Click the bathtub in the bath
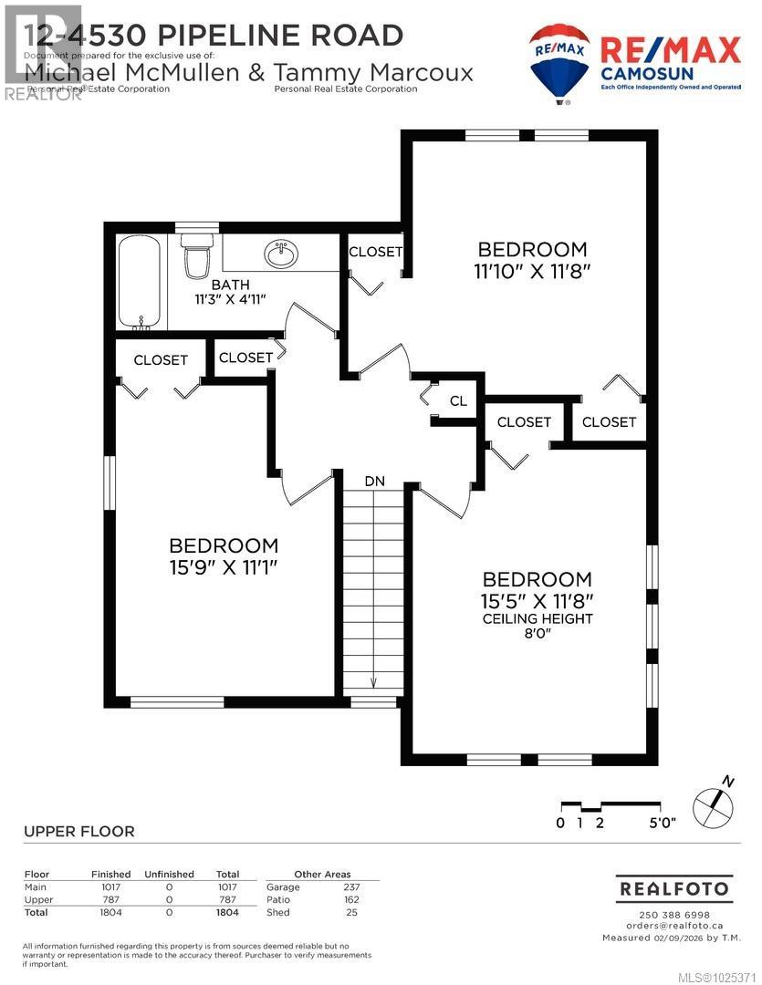pos(141,283)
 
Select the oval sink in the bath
pos(281,254)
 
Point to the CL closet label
pos(458,401)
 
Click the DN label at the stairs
pos(374,481)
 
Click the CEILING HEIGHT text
pos(538,618)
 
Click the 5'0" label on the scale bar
pos(663,823)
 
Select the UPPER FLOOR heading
pos(78,831)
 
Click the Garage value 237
pos(351,886)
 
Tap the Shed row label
pos(277,912)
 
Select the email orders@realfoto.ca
pos(674,926)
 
